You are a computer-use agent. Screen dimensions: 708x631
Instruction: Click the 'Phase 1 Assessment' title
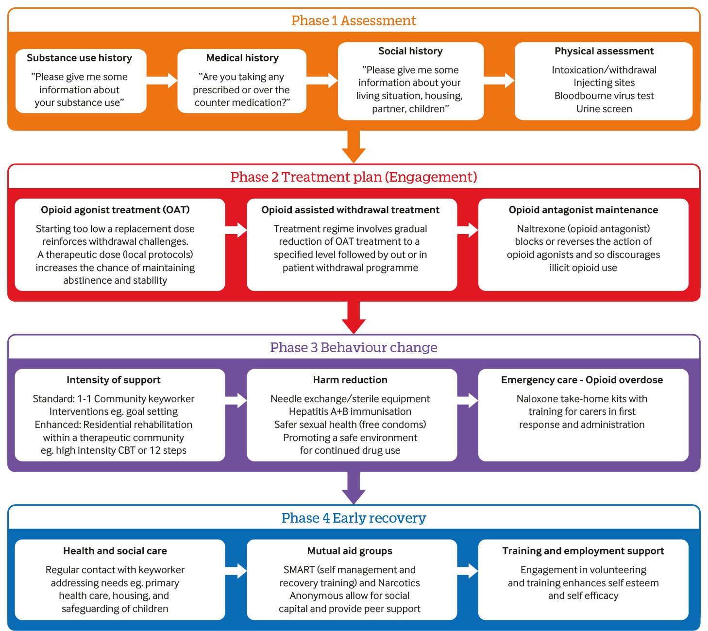click(x=354, y=20)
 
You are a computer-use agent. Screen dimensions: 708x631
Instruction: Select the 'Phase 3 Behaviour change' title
click(x=354, y=347)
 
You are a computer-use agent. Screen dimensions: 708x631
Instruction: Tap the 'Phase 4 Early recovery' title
click(x=354, y=518)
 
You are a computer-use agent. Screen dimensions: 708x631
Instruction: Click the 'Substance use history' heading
click(x=79, y=58)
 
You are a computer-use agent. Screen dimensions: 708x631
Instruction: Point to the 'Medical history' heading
click(x=242, y=58)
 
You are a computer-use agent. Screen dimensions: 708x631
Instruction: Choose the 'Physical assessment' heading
click(x=604, y=51)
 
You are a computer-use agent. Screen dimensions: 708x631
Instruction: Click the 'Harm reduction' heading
click(x=350, y=380)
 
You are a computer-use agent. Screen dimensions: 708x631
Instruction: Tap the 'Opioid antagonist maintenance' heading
click(x=583, y=210)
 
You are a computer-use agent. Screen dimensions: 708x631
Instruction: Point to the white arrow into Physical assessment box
click(x=499, y=81)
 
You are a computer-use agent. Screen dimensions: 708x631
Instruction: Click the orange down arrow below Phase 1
click(x=354, y=147)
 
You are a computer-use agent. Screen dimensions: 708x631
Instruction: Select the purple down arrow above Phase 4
click(x=354, y=488)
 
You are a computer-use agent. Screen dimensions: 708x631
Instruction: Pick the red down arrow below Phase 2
click(x=354, y=317)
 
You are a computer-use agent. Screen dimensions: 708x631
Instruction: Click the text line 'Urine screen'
click(x=604, y=109)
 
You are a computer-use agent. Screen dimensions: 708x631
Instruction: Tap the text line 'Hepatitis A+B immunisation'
click(x=350, y=411)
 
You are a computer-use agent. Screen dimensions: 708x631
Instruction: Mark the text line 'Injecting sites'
click(x=604, y=83)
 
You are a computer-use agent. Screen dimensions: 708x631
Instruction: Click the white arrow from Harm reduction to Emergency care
click(x=468, y=400)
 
